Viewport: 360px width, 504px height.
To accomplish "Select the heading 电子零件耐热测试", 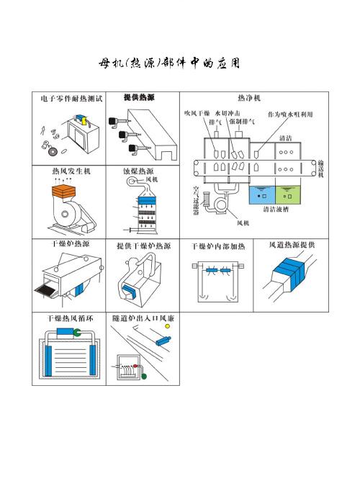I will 71,98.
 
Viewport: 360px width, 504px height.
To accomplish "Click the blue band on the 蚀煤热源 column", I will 145,196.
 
